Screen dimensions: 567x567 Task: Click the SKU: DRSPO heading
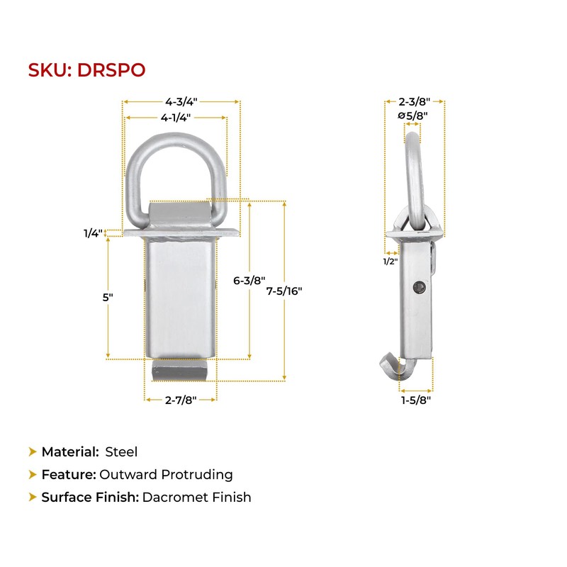tap(86, 70)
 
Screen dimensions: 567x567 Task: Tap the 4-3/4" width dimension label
tap(181, 101)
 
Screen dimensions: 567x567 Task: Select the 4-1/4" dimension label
tap(176, 118)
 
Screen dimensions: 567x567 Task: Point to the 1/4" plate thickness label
tap(93, 233)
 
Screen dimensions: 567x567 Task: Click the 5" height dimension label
tap(108, 297)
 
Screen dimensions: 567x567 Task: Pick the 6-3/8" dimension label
tap(249, 280)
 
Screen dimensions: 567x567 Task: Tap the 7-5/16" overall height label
tap(284, 291)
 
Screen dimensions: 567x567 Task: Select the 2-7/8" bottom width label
tap(181, 400)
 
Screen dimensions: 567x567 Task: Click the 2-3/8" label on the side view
tap(415, 101)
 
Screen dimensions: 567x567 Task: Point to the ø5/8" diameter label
tap(412, 116)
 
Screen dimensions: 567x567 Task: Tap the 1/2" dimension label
tap(391, 261)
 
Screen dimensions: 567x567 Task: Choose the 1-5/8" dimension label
tap(416, 400)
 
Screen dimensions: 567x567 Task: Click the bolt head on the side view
tap(419, 288)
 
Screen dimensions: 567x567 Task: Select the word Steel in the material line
tap(121, 452)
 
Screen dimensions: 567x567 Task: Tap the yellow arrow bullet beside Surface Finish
tap(33, 498)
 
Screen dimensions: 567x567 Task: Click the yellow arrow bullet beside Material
tap(33, 452)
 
